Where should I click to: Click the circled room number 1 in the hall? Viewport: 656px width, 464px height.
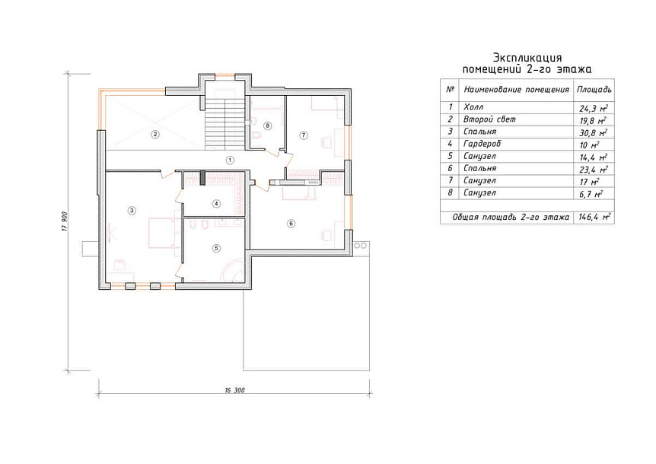(229, 160)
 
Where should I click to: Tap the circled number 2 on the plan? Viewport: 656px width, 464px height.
(155, 135)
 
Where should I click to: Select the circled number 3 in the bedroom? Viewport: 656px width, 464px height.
(132, 210)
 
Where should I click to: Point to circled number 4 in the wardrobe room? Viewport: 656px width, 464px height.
(216, 204)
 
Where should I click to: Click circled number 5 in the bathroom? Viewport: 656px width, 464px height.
(216, 248)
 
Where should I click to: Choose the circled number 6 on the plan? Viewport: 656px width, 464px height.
(291, 223)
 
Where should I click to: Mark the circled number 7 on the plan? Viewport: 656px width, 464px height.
(304, 135)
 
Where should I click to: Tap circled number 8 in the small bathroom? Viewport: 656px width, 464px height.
(268, 126)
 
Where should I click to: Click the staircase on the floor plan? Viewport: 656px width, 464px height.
(225, 124)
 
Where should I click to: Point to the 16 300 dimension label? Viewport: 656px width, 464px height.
(234, 390)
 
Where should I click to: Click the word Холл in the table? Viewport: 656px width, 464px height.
(473, 107)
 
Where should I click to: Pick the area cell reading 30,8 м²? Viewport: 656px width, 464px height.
(594, 132)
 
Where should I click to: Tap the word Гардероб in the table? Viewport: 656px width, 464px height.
(482, 144)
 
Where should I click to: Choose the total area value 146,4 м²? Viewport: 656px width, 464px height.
(594, 218)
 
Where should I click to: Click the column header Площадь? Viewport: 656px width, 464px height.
(594, 90)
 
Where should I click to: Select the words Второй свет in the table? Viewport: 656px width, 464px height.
(489, 119)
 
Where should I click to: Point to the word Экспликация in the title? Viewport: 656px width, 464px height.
(527, 57)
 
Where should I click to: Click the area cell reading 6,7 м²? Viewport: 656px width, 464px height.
(591, 194)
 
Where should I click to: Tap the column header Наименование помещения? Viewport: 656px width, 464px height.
(516, 90)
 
